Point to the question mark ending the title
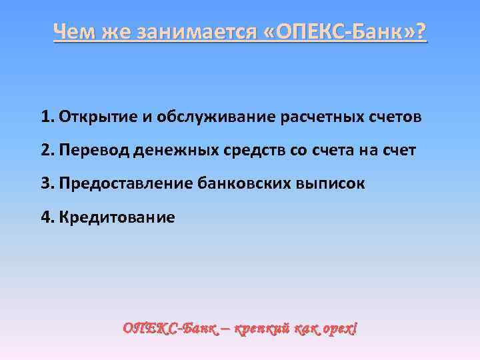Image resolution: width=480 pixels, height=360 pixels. [x=420, y=31]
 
